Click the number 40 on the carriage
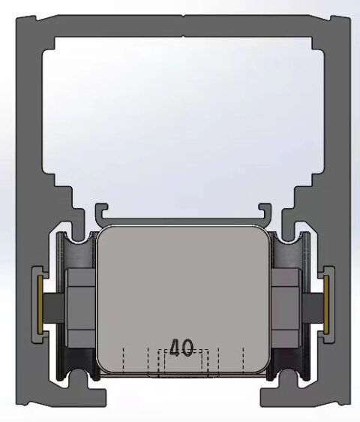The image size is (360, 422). (x=181, y=348)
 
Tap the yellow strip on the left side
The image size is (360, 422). (x=39, y=303)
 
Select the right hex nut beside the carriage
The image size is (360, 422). (x=286, y=304)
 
